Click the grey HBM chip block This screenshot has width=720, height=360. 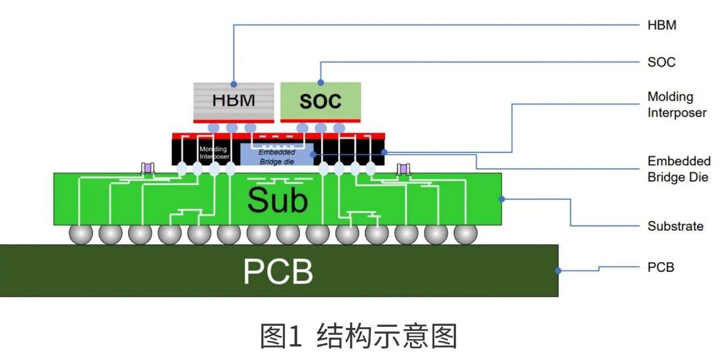click(x=233, y=101)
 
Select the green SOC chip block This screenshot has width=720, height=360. click(x=321, y=101)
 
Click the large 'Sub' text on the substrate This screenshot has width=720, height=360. click(x=278, y=200)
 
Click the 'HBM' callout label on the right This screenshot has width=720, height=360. click(x=661, y=25)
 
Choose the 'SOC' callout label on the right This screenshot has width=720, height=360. click(x=661, y=62)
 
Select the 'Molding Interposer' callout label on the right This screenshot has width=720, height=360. click(x=677, y=105)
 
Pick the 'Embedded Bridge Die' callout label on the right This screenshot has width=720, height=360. click(x=679, y=169)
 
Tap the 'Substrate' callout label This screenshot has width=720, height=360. click(x=675, y=226)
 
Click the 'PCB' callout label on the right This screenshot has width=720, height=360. click(x=660, y=267)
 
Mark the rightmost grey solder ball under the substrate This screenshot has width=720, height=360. click(x=465, y=233)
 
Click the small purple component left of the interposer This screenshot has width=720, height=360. click(x=148, y=168)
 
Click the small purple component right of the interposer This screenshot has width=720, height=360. click(x=403, y=168)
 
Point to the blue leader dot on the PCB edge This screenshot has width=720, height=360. click(x=559, y=271)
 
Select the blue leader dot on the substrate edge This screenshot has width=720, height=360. click(x=501, y=199)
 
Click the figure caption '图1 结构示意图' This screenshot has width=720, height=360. click(x=358, y=336)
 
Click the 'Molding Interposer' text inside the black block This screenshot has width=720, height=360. click(x=214, y=153)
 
